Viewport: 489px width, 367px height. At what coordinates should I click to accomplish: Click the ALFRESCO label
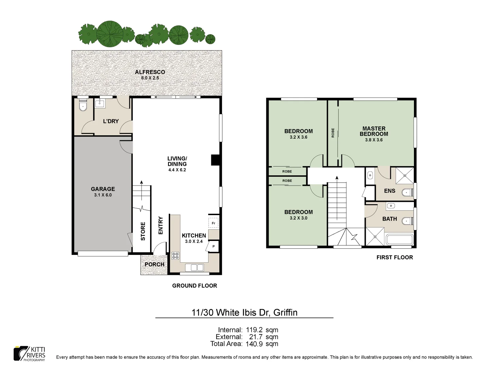tap(150, 72)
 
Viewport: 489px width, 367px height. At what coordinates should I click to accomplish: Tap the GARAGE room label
tap(103, 189)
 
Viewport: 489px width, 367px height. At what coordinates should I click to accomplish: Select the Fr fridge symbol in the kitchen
tap(214, 223)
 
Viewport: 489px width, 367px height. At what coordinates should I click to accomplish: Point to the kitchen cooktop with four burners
tap(175, 256)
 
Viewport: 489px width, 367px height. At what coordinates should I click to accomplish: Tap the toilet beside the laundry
tap(83, 106)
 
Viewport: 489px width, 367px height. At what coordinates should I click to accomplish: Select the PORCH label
tap(154, 264)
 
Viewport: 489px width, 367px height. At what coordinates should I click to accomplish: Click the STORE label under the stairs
tap(143, 231)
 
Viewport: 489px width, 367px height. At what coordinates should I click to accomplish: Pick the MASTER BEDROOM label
tap(374, 131)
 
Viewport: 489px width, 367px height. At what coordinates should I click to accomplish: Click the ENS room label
tap(390, 191)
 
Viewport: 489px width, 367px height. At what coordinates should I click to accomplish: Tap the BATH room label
tap(390, 219)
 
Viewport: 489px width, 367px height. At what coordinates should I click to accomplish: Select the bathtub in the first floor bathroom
tap(399, 240)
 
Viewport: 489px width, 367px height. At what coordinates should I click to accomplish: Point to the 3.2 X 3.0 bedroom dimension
tap(298, 218)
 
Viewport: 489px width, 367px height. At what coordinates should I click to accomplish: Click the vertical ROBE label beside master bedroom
tap(333, 133)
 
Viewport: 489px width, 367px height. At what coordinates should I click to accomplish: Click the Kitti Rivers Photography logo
tap(30, 353)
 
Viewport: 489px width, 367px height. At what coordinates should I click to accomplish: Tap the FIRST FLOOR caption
tap(394, 258)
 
